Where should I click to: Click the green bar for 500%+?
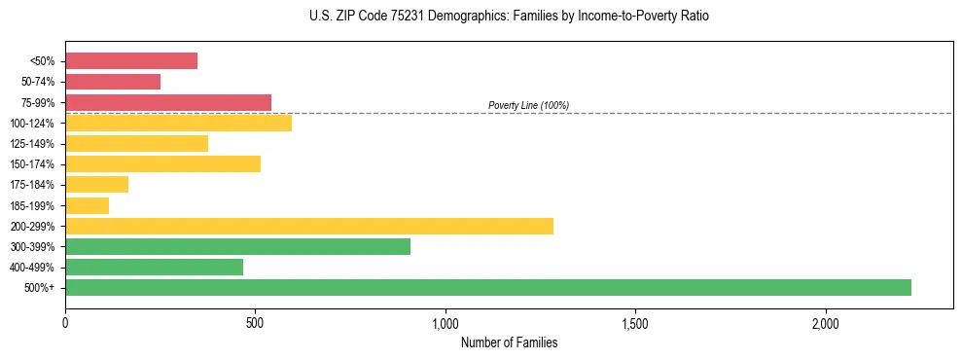[x=487, y=287]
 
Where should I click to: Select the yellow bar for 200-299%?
[x=309, y=226]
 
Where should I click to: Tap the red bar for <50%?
[x=131, y=61]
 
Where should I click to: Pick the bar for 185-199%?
[x=87, y=205]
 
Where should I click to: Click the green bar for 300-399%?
[x=237, y=246]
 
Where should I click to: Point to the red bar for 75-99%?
[x=168, y=102]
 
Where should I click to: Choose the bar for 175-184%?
[x=96, y=185]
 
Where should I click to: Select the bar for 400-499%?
[x=154, y=267]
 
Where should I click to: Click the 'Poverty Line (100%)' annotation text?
[x=528, y=105]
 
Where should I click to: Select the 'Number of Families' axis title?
[x=509, y=342]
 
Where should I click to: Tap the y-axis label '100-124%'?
[x=32, y=124]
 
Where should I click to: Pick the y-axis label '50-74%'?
[x=37, y=82]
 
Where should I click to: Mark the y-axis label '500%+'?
[x=40, y=288]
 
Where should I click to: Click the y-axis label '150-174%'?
[x=32, y=164]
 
